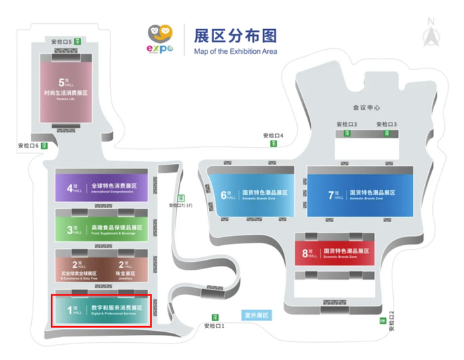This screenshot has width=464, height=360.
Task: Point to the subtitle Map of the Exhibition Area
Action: click(235, 52)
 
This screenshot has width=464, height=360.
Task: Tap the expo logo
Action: click(160, 40)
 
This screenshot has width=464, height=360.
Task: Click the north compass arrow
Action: click(432, 34)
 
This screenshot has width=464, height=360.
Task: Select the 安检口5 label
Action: click(60, 42)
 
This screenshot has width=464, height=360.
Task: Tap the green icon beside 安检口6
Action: click(44, 145)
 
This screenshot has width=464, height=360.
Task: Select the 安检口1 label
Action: click(214, 326)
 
